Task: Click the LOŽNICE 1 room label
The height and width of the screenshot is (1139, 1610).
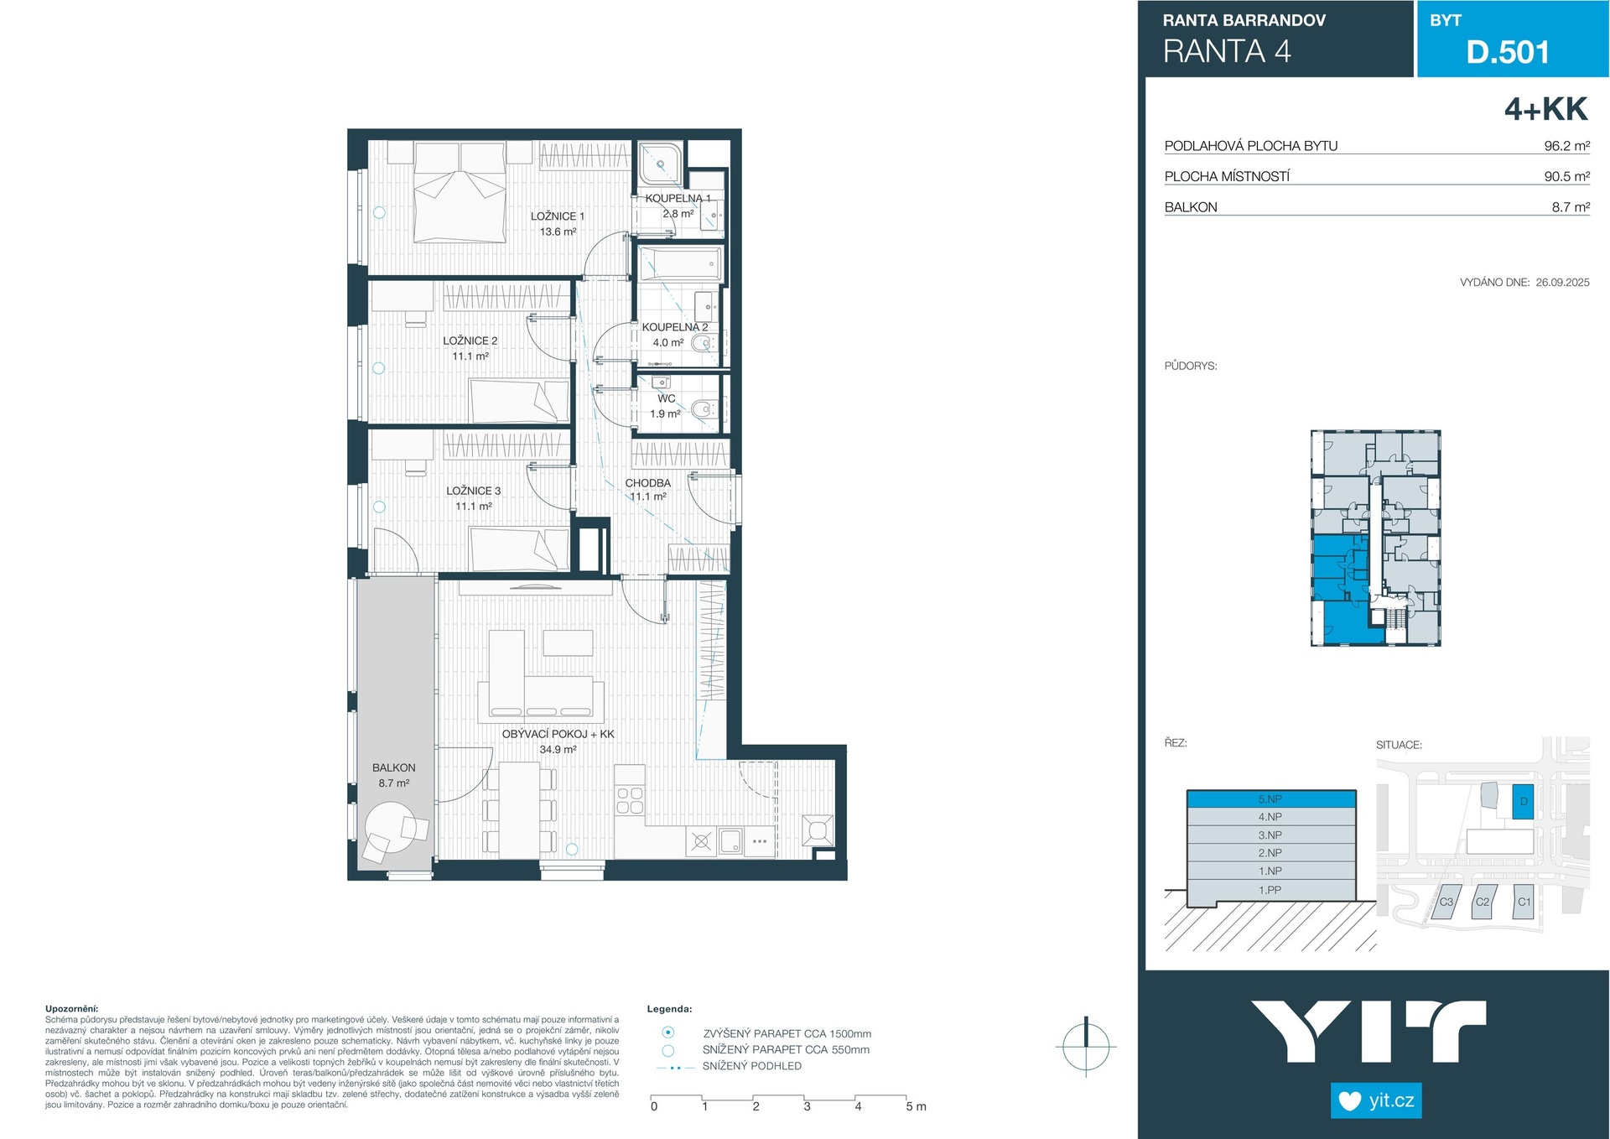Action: coord(557,216)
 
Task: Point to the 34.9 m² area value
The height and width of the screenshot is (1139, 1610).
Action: coord(558,750)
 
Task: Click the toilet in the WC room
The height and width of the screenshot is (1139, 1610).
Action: coord(702,410)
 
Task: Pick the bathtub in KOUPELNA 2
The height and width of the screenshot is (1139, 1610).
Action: coord(681,265)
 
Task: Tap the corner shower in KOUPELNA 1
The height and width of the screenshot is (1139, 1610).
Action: coord(661,164)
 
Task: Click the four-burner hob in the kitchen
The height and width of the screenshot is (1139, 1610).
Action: coord(630,800)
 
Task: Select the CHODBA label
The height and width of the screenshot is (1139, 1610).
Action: coord(648,483)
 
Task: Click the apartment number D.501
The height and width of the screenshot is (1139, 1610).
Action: coord(1508,52)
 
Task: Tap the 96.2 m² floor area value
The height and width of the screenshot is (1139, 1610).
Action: coord(1566,146)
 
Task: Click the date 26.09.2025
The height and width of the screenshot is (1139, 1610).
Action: coord(1562,283)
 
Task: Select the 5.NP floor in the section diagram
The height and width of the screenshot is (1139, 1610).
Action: coord(1271,799)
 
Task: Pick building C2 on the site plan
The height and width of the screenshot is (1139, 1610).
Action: coord(1483,902)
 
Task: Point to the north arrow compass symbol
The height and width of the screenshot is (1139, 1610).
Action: coord(1086,1046)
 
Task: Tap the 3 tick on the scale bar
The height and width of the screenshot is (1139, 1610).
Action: coord(807,1106)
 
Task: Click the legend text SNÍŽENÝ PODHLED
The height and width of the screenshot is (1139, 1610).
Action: coord(752,1066)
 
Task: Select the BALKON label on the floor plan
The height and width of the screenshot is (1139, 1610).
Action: coord(394,767)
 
